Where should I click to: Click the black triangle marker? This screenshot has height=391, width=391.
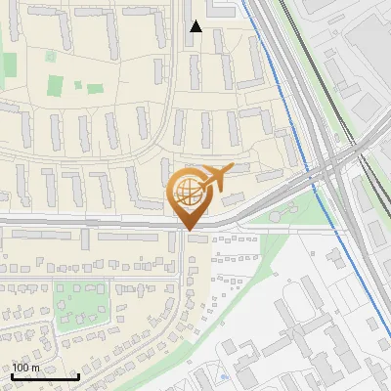(x=196, y=26)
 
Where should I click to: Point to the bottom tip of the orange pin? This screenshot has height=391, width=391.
(x=187, y=230)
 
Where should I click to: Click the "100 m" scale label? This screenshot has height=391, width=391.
(x=25, y=368)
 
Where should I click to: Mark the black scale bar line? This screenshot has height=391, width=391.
(x=45, y=376)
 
